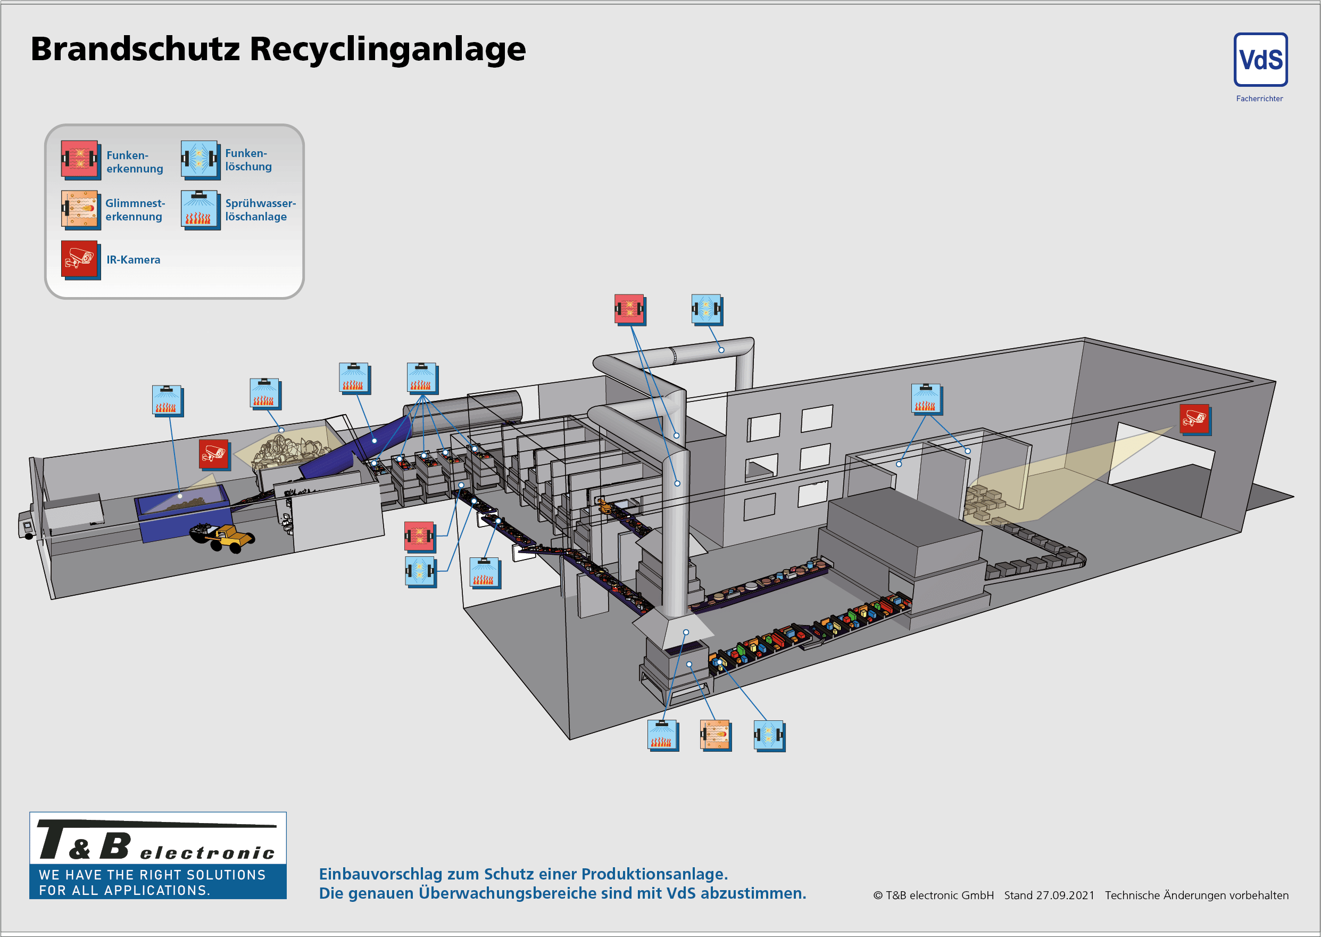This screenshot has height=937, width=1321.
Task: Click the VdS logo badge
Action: click(1260, 60)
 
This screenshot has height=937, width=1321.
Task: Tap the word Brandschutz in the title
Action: click(135, 49)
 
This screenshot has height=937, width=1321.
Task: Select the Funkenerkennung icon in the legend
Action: click(80, 159)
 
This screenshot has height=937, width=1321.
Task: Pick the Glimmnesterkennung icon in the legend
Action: click(80, 209)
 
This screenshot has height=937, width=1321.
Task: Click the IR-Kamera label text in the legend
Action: click(133, 260)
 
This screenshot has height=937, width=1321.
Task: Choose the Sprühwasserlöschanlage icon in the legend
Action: click(200, 209)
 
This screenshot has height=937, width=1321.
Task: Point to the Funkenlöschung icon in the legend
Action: click(200, 159)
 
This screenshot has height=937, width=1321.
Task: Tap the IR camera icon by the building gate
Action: click(1194, 419)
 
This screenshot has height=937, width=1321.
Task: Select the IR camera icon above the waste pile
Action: click(214, 454)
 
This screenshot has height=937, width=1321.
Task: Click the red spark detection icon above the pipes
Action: click(629, 309)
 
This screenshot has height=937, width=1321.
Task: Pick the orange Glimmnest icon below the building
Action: click(715, 735)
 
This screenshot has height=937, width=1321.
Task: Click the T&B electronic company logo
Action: click(157, 854)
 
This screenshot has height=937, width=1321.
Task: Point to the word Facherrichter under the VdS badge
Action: click(1259, 98)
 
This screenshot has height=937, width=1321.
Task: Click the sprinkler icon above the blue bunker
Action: click(167, 400)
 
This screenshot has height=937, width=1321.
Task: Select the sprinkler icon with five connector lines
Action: click(421, 377)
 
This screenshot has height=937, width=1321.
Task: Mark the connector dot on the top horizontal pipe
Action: click(721, 350)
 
